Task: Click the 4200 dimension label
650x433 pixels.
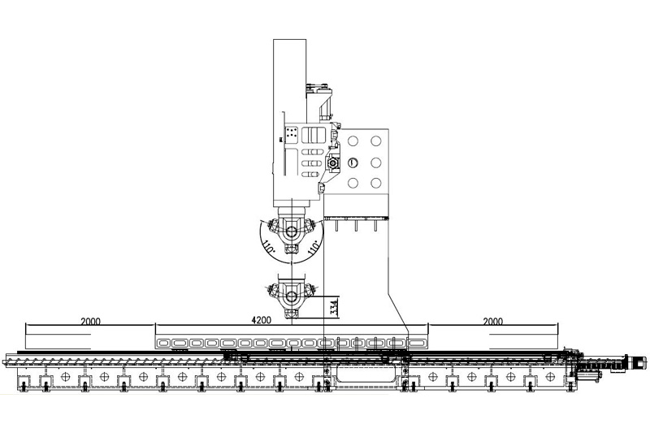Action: point(261,320)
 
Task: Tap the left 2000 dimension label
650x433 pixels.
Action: point(90,321)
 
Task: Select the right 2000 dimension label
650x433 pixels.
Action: point(493,321)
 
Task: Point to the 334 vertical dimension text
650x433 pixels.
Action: point(335,307)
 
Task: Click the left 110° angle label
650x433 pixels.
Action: point(268,245)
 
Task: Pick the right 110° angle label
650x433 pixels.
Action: point(314,246)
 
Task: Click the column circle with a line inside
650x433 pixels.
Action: point(353,162)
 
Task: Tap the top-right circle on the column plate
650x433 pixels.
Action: point(376,141)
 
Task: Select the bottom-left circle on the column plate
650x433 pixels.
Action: point(353,183)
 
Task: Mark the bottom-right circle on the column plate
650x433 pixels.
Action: point(376,183)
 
